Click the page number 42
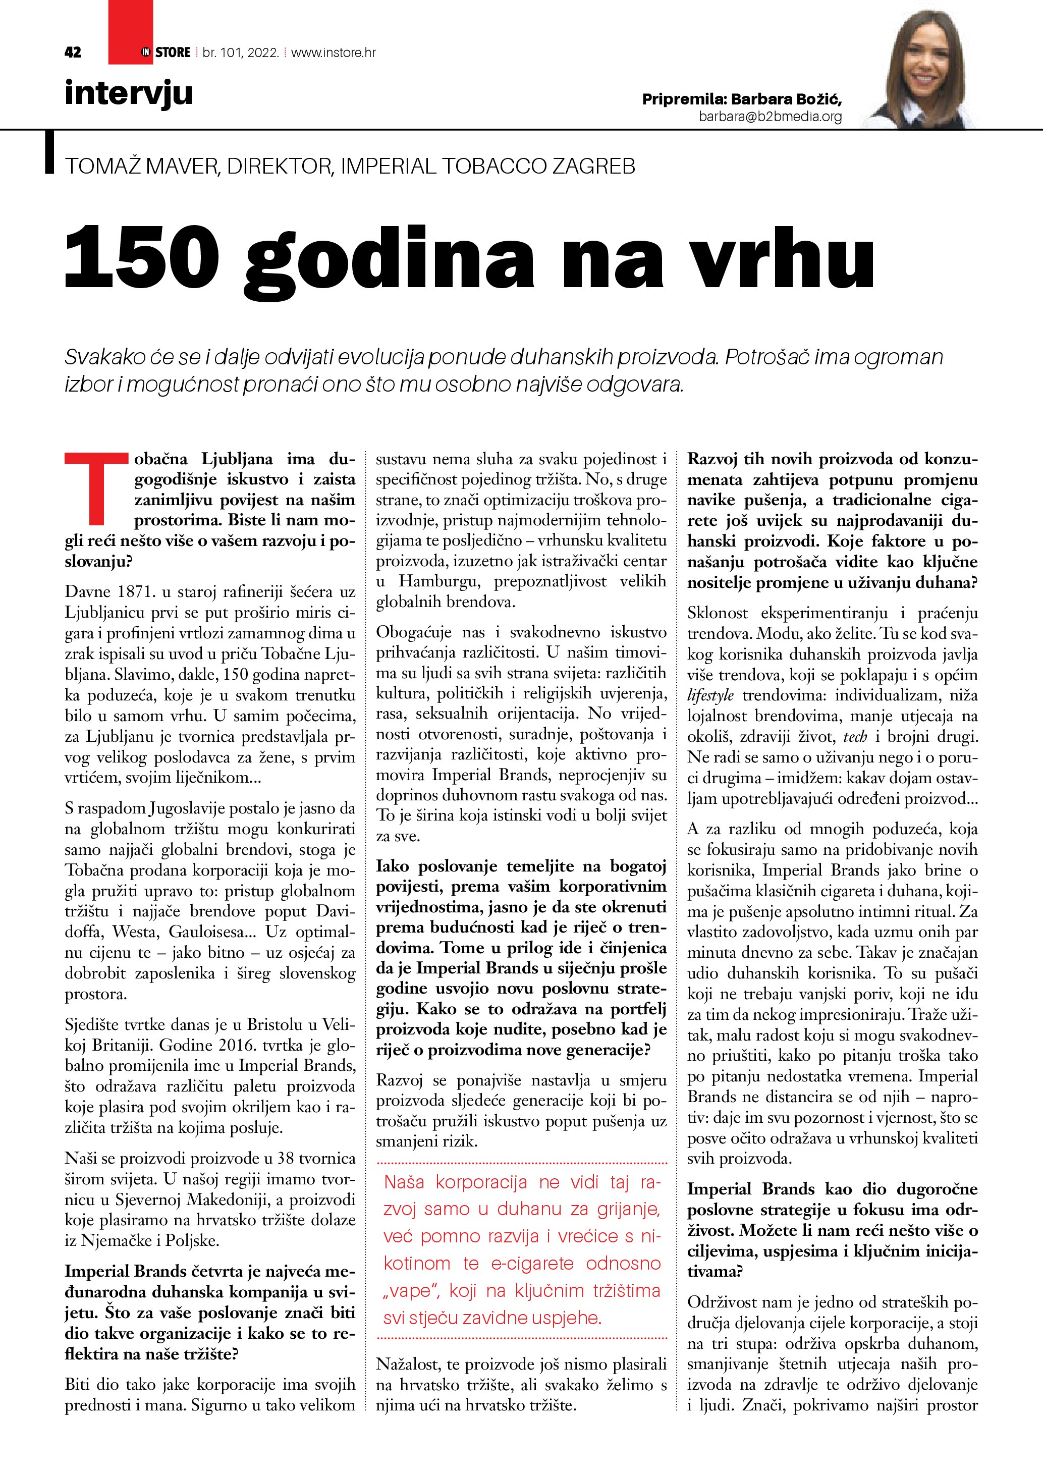[73, 52]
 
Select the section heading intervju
[129, 94]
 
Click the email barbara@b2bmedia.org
[770, 116]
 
